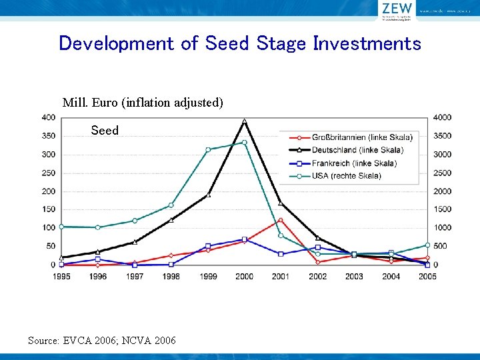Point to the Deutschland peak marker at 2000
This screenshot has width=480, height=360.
pyautogui.click(x=245, y=121)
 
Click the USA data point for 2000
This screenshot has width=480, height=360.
pyautogui.click(x=245, y=142)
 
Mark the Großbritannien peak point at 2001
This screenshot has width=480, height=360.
pyautogui.click(x=281, y=220)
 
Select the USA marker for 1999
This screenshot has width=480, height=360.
pyautogui.click(x=208, y=149)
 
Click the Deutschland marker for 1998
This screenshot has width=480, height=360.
pyautogui.click(x=171, y=220)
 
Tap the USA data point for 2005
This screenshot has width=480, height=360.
pyautogui.click(x=427, y=245)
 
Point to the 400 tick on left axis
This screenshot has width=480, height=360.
pyautogui.click(x=48, y=117)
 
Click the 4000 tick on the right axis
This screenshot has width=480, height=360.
pyautogui.click(x=443, y=117)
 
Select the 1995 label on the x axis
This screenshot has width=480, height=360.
pyautogui.click(x=61, y=277)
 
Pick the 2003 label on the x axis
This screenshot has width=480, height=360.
pyautogui.click(x=354, y=277)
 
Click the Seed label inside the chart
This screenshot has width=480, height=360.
pyautogui.click(x=105, y=131)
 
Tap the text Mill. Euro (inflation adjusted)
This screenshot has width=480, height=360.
pyautogui.click(x=143, y=103)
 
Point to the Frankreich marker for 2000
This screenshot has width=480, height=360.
pyautogui.click(x=245, y=239)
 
